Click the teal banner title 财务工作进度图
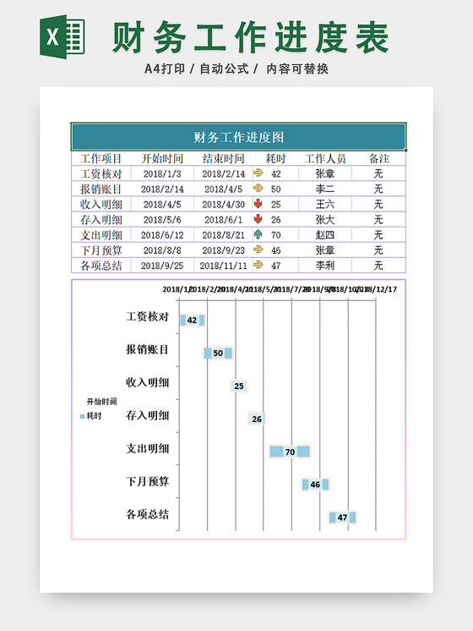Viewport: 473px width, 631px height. tap(239, 137)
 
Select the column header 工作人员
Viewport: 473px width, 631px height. tap(325, 158)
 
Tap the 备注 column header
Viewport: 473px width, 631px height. tap(379, 158)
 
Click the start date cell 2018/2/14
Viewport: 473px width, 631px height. tap(162, 189)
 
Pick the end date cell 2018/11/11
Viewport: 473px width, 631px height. tap(224, 266)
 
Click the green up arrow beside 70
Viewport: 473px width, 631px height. tap(258, 234)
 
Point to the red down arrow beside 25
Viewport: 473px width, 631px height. tap(258, 204)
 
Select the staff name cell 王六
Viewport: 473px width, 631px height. tap(325, 204)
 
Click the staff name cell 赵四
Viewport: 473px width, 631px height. tap(325, 234)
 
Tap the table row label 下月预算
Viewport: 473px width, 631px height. tap(101, 250)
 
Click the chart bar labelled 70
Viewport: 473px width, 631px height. tap(290, 452)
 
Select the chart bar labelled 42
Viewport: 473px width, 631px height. tap(193, 321)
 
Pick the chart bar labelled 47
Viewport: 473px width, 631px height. tap(342, 517)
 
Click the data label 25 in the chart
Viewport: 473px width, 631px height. tap(239, 386)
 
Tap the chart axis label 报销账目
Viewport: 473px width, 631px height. tap(148, 349)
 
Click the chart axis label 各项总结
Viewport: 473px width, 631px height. tap(148, 513)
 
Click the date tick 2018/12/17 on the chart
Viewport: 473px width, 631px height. tap(378, 288)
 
